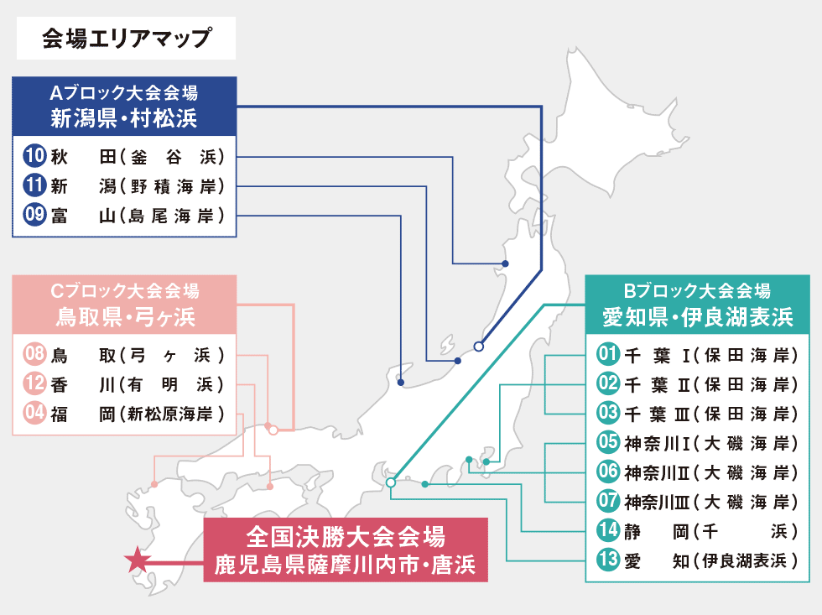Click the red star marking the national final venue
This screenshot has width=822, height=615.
pyautogui.click(x=138, y=560)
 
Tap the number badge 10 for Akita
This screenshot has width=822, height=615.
pyautogui.click(x=34, y=156)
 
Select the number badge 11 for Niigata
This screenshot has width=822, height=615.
pyautogui.click(x=34, y=185)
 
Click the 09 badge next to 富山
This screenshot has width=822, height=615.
pyautogui.click(x=34, y=215)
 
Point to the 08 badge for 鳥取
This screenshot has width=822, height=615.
pyautogui.click(x=34, y=354)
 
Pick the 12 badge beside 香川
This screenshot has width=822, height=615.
pyautogui.click(x=34, y=383)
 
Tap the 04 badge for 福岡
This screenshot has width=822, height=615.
pyautogui.click(x=34, y=413)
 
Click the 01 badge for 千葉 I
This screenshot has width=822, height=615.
pyautogui.click(x=608, y=354)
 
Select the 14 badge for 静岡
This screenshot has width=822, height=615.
pyautogui.click(x=608, y=530)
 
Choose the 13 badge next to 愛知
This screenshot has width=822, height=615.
pyautogui.click(x=608, y=560)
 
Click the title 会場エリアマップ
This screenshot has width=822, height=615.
pyautogui.click(x=127, y=39)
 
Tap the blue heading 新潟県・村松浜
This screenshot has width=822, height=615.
pyautogui.click(x=124, y=118)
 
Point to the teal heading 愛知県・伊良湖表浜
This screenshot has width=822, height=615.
pyautogui.click(x=698, y=317)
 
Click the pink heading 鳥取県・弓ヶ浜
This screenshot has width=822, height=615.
pyautogui.click(x=125, y=316)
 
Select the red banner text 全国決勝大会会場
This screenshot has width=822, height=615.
pyautogui.click(x=346, y=536)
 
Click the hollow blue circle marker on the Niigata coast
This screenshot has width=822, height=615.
pyautogui.click(x=479, y=347)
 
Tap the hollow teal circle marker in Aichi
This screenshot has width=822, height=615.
pyautogui.click(x=391, y=482)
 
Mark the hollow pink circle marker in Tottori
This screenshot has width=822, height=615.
pyautogui.click(x=273, y=430)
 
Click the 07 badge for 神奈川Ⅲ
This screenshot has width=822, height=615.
pyautogui.click(x=608, y=501)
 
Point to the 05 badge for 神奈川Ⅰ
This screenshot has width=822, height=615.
pyautogui.click(x=608, y=442)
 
